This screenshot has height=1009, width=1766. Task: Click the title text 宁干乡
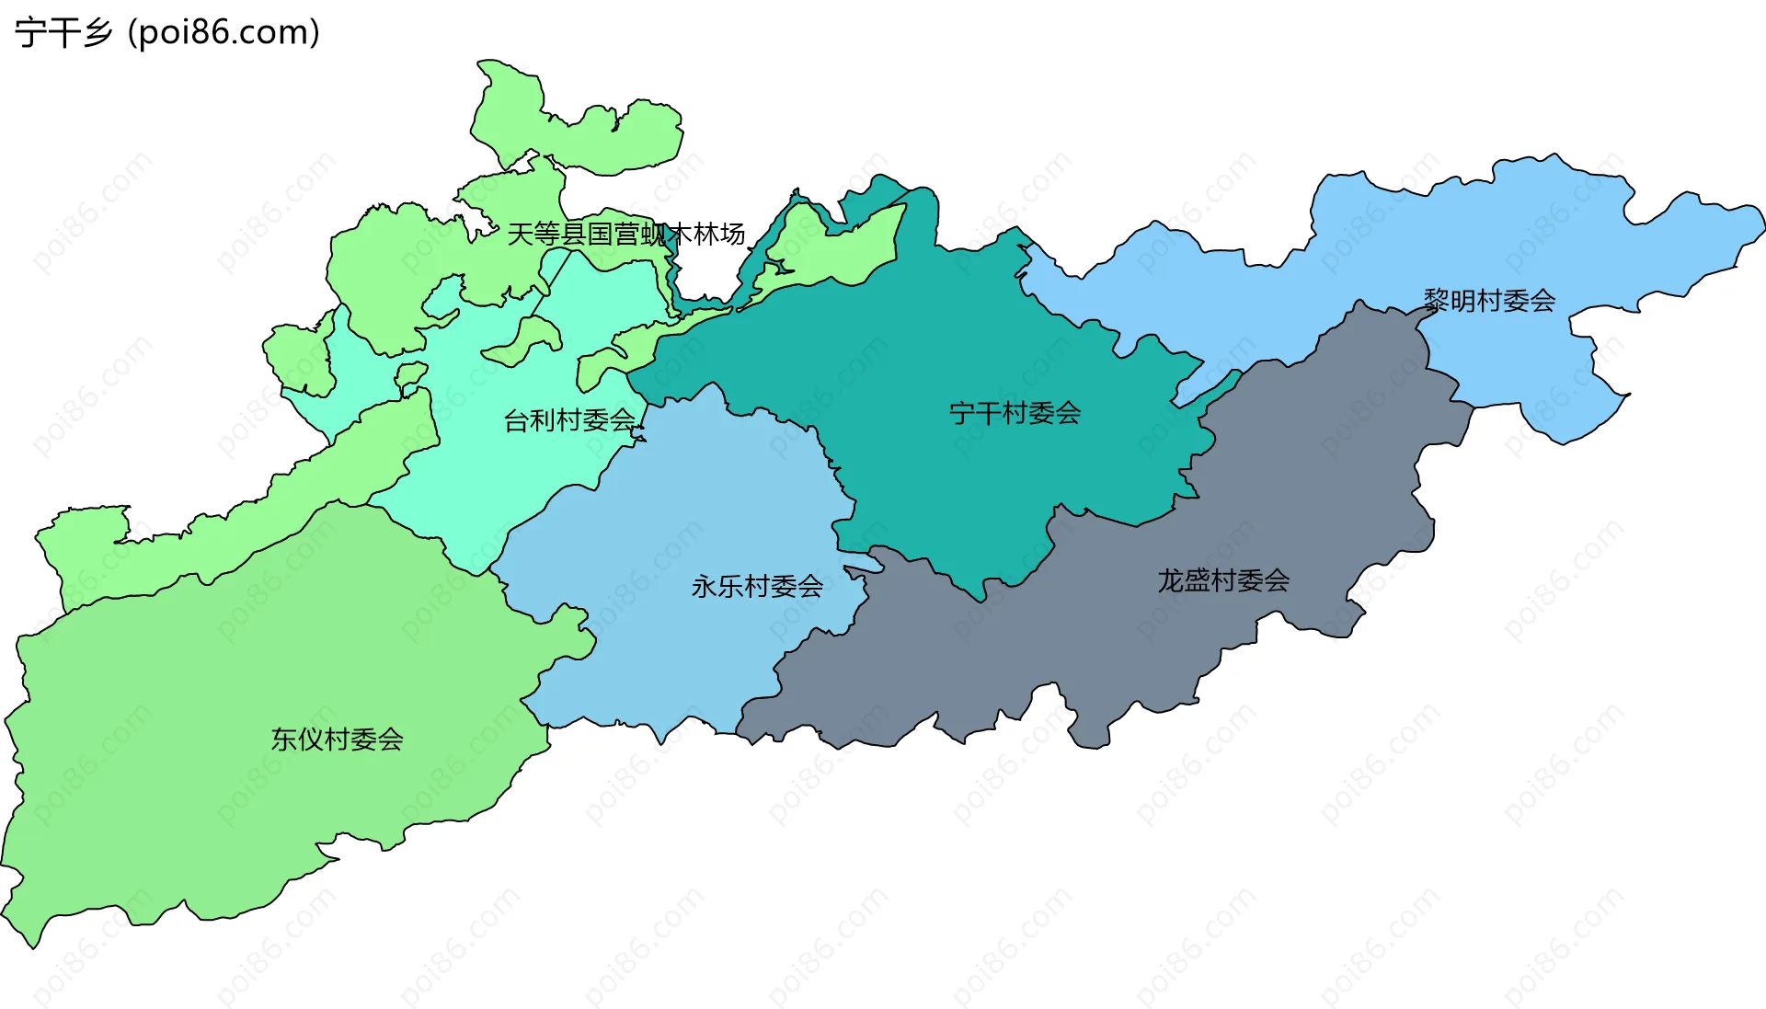pos(63,33)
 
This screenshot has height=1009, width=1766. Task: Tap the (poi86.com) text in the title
pos(224,33)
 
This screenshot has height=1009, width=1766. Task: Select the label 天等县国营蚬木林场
pos(625,235)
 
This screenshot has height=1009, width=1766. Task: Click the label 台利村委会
pos(569,420)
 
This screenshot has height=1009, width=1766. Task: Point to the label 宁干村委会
pos(1015,413)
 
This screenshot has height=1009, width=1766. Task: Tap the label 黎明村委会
pos(1489,300)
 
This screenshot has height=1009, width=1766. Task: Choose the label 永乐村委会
pos(757,586)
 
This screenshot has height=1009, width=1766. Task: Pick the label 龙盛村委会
pos(1223,580)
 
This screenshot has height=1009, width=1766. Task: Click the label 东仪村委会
pos(337,739)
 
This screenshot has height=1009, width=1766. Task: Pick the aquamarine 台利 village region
pos(515,469)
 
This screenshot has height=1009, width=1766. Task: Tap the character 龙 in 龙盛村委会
pos(1170,580)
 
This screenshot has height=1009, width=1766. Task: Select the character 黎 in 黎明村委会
pos(1436,300)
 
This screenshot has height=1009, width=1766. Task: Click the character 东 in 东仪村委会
pos(283,739)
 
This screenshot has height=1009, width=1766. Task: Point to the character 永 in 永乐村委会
pos(704,586)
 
